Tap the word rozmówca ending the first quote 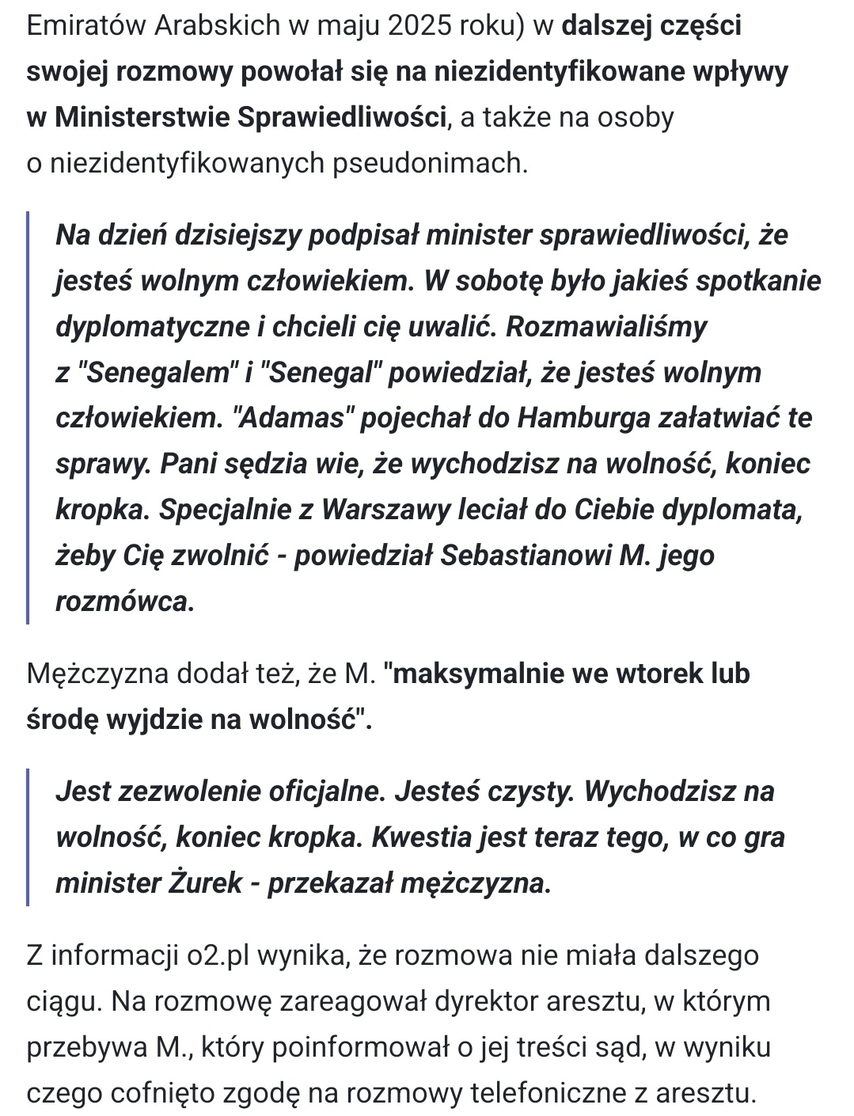[x=124, y=602]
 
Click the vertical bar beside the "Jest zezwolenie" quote [x=28, y=837]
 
